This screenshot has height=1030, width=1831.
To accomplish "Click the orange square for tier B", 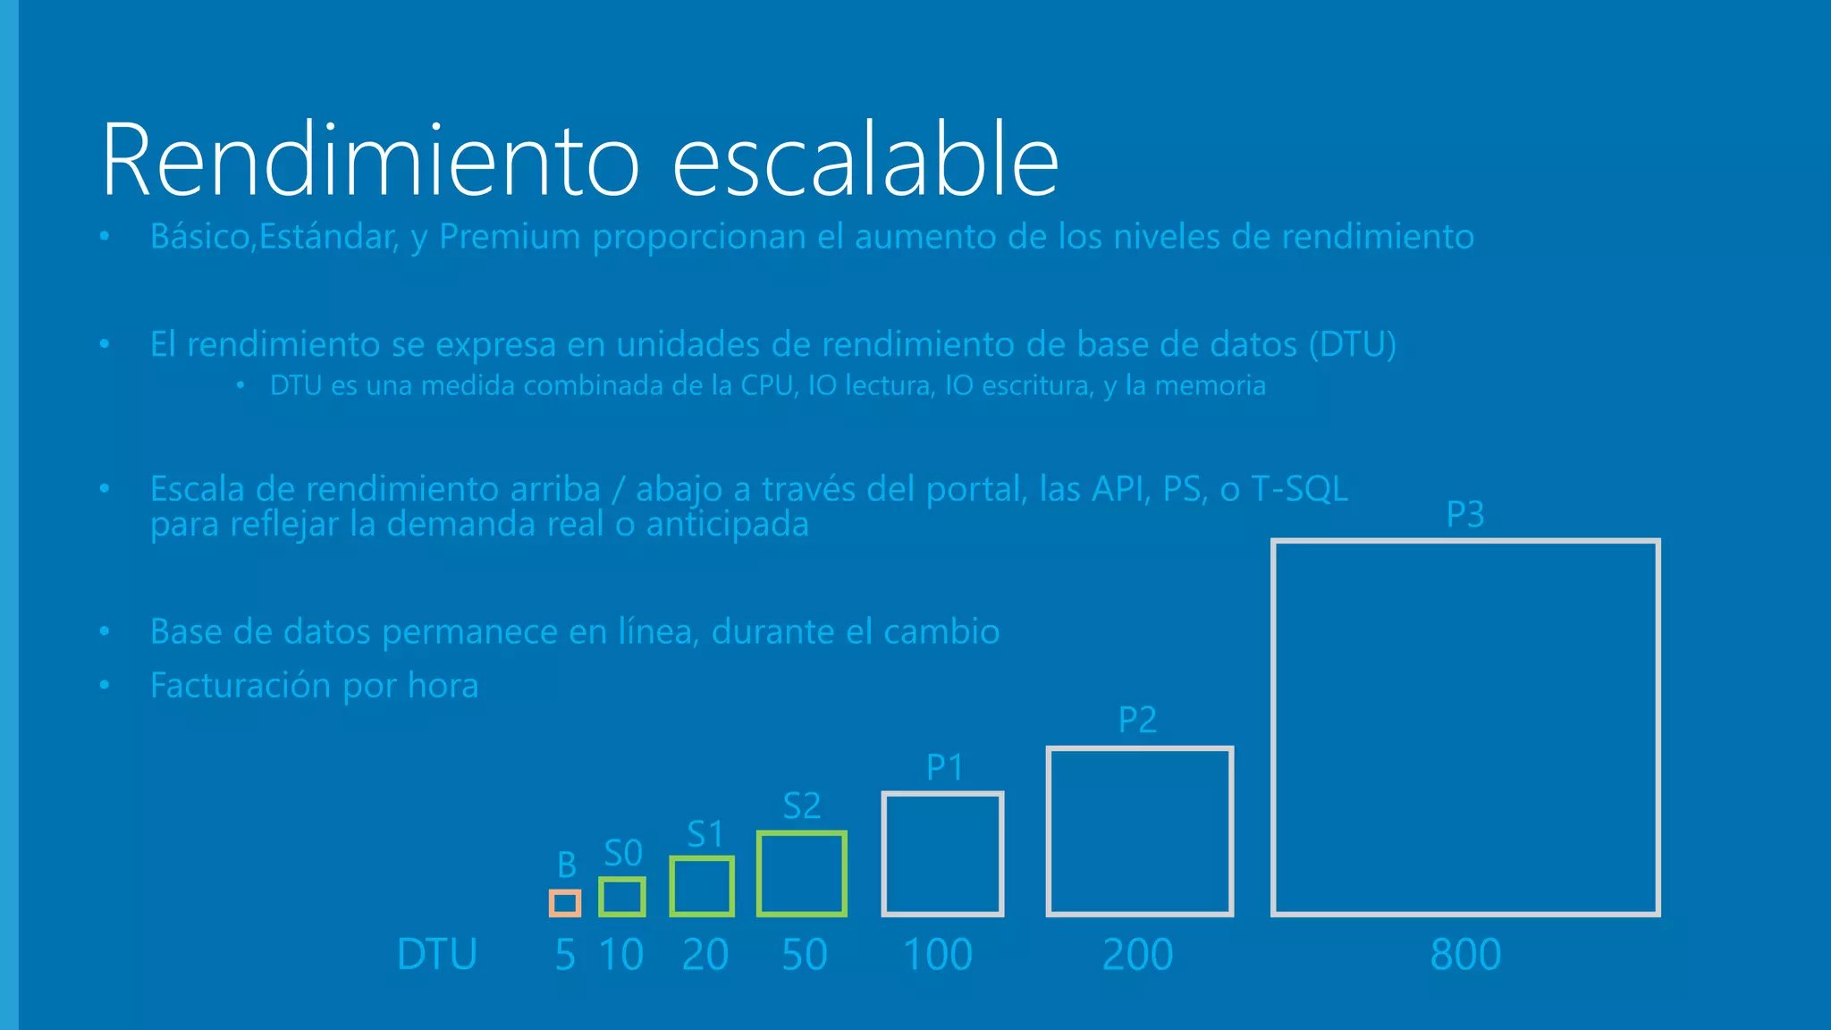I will point(565,903).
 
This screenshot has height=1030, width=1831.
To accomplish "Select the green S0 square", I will point(622,897).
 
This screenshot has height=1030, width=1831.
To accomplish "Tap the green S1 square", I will point(702,886).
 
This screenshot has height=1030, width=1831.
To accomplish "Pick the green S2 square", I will point(802,874).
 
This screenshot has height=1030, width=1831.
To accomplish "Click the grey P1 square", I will point(943,854).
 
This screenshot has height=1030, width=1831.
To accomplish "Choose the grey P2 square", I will point(1140,832).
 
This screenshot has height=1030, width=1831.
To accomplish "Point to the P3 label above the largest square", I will point(1465,514).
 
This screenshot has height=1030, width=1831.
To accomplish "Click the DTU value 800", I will point(1465,955).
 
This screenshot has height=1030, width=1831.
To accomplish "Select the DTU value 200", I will point(1137,955).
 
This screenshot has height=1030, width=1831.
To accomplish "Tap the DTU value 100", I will point(937,955).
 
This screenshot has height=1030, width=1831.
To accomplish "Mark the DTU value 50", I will point(804,955).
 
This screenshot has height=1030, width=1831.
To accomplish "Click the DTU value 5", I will point(565,955).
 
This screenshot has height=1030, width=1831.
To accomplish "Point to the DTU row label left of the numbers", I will point(437,955).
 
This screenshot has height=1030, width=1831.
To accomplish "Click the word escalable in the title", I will point(865,161).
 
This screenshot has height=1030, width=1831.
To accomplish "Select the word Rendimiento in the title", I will point(370,161).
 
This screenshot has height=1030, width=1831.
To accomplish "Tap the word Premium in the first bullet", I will point(510,237).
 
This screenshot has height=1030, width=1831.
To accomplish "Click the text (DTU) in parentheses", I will point(1352,344).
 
